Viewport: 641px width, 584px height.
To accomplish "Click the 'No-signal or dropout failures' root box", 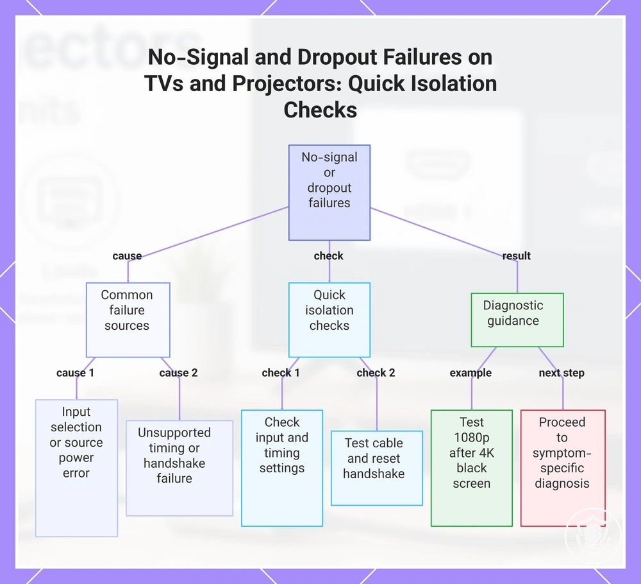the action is tap(329, 193).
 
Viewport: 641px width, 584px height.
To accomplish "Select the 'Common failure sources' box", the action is tap(128, 320).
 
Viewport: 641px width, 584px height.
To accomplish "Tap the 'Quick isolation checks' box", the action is tap(329, 320).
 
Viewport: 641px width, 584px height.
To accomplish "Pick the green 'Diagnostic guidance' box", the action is tap(517, 320).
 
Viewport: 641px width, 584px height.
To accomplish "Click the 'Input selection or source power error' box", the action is tap(76, 468).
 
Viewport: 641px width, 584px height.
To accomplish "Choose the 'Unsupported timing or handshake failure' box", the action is tap(179, 468).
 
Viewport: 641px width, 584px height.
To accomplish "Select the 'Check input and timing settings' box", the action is tap(282, 468).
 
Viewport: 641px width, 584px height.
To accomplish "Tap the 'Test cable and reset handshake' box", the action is tap(376, 468).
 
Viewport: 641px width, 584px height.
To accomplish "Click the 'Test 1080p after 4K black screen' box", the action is tap(472, 468).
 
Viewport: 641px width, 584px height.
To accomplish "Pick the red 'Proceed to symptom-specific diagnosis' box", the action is tap(563, 468).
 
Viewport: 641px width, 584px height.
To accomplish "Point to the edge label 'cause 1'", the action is tap(75, 373).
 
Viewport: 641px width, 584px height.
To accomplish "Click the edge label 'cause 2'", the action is tap(179, 373).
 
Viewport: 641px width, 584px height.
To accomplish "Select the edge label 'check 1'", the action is tap(281, 373).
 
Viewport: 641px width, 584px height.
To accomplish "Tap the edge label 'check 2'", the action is tap(376, 373).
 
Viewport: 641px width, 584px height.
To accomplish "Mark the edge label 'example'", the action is tap(470, 373).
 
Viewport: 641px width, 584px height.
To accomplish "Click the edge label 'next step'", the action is tap(562, 373).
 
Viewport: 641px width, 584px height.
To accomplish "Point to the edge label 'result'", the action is tap(516, 256).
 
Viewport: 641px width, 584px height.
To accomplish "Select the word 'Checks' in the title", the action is tap(320, 110).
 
